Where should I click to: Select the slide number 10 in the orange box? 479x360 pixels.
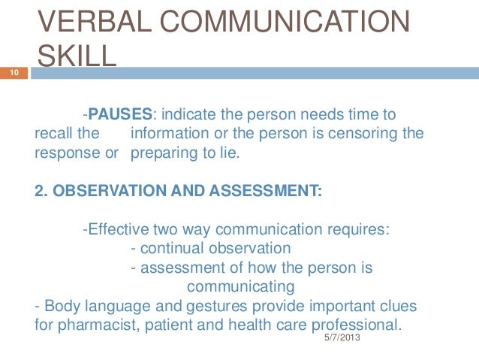13,73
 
